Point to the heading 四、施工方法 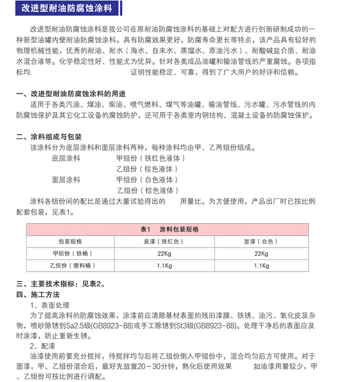[38, 295]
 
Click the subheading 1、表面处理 [50, 305]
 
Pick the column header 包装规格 [70, 241]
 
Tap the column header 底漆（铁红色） [165, 241]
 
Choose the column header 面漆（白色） [261, 241]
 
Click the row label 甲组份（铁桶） [70, 253]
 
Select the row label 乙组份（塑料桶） [70, 266]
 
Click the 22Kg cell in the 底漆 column [165, 253]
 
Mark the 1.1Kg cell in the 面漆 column [261, 266]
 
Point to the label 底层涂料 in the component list [66, 158]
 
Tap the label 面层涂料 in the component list [66, 180]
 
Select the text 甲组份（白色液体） [148, 180]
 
